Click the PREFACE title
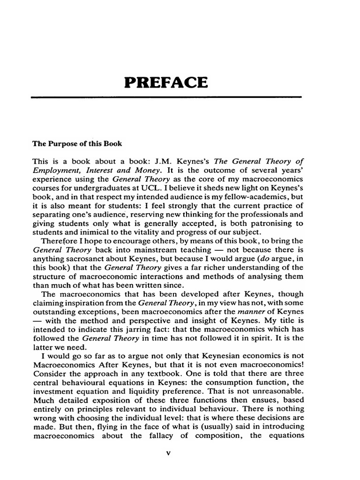pos(165,82)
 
